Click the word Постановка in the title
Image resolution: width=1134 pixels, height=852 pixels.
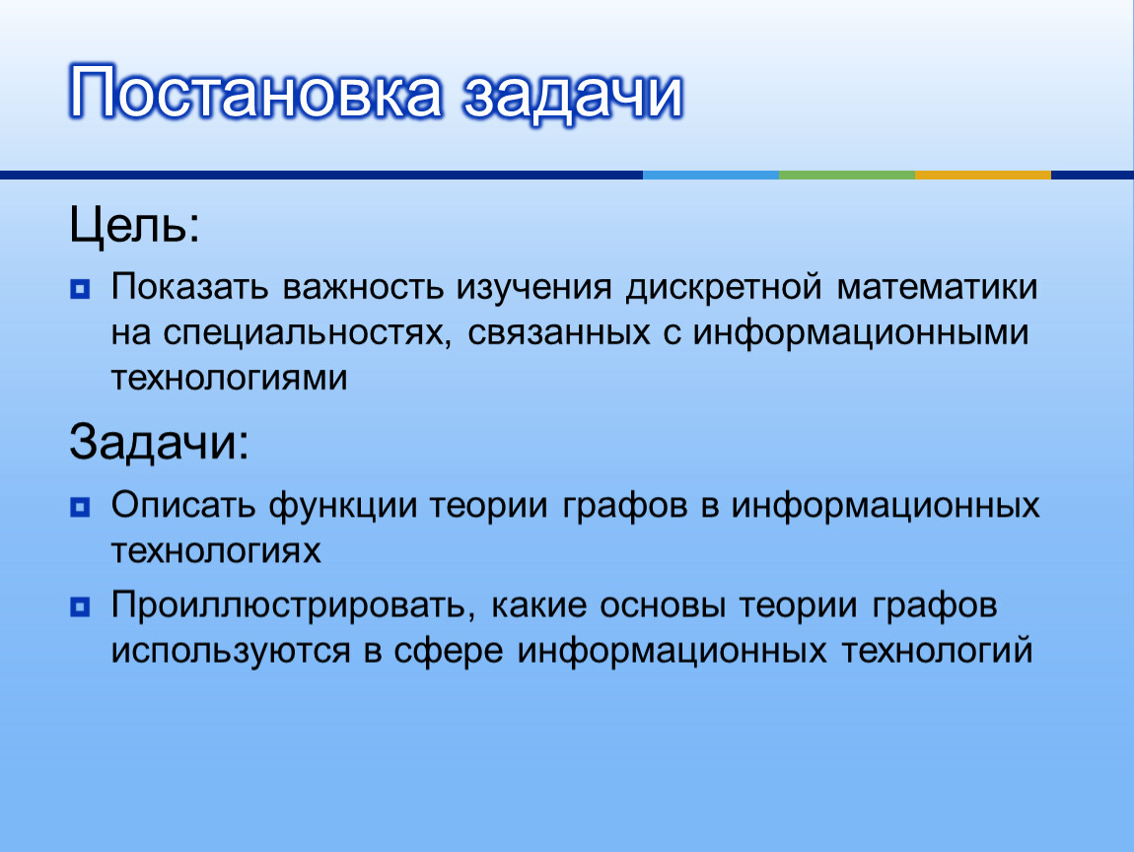[x=255, y=92]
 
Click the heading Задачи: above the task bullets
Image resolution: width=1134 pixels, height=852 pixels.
[x=159, y=442]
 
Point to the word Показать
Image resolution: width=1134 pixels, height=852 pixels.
[x=189, y=287]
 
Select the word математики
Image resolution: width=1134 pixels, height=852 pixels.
[x=938, y=287]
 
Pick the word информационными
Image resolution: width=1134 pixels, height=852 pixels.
[x=861, y=333]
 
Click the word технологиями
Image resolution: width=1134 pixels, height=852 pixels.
[x=229, y=379]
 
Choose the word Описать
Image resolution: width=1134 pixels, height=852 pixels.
[x=183, y=505]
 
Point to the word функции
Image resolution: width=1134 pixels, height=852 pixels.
[x=343, y=507]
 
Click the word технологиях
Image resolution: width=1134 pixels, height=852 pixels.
[x=216, y=551]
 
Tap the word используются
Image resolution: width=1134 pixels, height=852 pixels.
[x=231, y=651]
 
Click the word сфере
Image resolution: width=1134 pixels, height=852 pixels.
[x=449, y=651]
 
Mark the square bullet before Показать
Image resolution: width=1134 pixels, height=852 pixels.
[x=80, y=289]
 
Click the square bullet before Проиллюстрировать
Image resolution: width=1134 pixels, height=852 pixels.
[x=80, y=606]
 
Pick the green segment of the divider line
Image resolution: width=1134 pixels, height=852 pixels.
[x=847, y=175]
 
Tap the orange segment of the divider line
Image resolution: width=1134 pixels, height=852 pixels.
[x=983, y=175]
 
